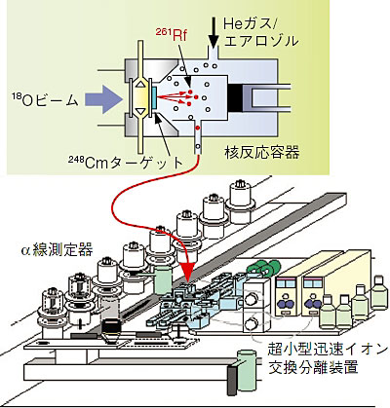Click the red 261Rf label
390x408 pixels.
point(172,35)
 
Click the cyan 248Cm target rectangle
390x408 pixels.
point(154,97)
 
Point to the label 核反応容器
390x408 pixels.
point(262,152)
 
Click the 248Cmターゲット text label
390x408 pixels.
point(126,163)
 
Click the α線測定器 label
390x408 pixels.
point(57,250)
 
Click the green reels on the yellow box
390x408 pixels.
point(263,269)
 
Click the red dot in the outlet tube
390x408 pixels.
point(197,128)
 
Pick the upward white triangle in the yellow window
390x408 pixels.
point(139,85)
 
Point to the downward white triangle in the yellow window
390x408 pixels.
point(139,111)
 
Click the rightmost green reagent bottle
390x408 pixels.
point(379,292)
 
